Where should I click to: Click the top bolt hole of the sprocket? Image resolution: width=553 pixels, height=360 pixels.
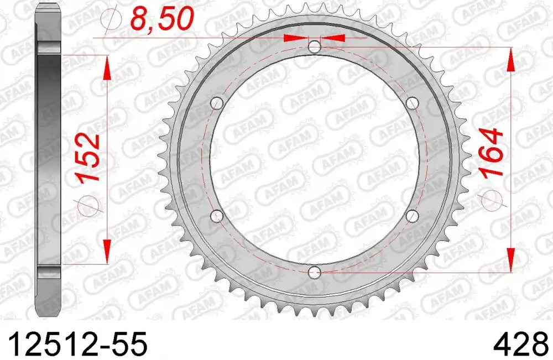point(315,47)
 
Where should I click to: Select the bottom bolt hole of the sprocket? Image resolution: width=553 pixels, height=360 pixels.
point(315,272)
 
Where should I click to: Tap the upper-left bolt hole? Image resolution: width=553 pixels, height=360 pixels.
point(217,103)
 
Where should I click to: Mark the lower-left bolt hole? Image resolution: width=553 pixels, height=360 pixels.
point(217,215)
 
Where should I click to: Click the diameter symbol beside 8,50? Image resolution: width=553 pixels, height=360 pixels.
point(111,20)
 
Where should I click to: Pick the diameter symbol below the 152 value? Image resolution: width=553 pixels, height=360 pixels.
point(92,205)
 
